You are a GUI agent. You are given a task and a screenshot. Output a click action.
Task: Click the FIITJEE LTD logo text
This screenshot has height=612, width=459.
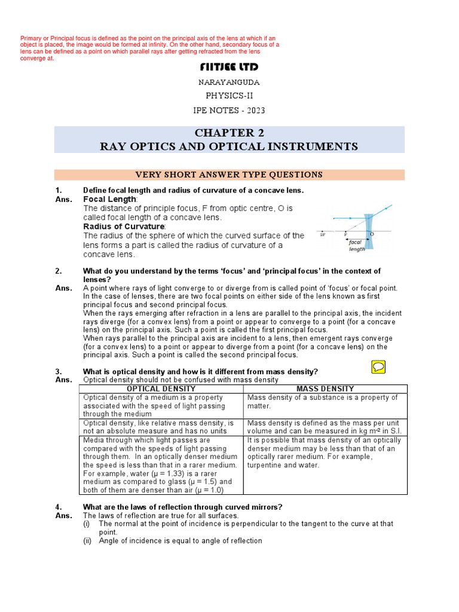coord(229,66)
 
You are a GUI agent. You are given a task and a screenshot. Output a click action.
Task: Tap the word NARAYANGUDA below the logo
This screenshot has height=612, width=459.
coord(229,82)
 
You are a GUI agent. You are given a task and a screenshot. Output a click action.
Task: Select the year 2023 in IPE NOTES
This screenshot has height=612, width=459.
coord(255,110)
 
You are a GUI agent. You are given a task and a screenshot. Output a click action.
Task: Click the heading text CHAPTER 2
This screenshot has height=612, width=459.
coord(229,133)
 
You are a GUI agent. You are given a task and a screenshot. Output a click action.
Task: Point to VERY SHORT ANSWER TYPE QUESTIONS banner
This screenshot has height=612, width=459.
coord(229,175)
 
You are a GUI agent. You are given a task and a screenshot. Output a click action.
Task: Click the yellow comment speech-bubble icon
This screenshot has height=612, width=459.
coord(378,367)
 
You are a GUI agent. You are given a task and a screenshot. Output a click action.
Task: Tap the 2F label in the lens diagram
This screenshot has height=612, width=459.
coord(323,234)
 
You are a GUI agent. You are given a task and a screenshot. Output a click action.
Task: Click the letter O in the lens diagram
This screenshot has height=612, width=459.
coord(373,234)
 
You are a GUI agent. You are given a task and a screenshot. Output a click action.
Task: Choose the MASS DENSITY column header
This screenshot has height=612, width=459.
coord(325,388)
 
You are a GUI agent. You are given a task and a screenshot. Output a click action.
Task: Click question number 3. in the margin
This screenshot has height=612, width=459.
coord(58,371)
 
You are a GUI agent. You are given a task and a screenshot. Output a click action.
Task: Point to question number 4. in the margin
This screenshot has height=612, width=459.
coord(58,507)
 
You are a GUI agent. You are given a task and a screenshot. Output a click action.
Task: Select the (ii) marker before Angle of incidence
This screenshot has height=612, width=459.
coord(88,541)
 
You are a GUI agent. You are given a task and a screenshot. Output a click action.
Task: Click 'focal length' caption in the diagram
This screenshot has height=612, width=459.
coord(357,245)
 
